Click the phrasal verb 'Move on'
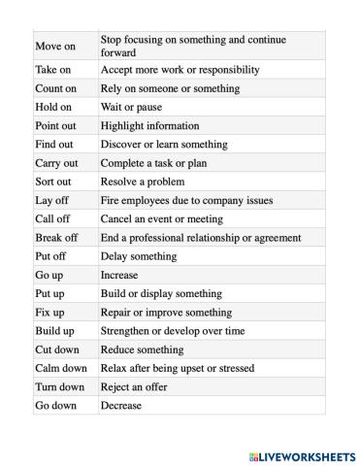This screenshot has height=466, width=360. [x=54, y=46]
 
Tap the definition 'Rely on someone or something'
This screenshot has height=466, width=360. [x=170, y=88]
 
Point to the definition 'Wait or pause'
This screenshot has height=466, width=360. [x=132, y=107]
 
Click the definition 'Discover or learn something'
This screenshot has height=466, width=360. [x=164, y=144]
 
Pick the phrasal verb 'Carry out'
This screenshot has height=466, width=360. [x=56, y=163]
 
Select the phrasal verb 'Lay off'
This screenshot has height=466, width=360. [x=51, y=200]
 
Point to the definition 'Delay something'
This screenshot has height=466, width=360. [x=139, y=256]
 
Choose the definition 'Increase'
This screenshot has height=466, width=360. [x=119, y=275]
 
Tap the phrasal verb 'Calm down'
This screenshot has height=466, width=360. [x=61, y=368]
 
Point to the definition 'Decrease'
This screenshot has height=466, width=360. [x=121, y=405]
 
